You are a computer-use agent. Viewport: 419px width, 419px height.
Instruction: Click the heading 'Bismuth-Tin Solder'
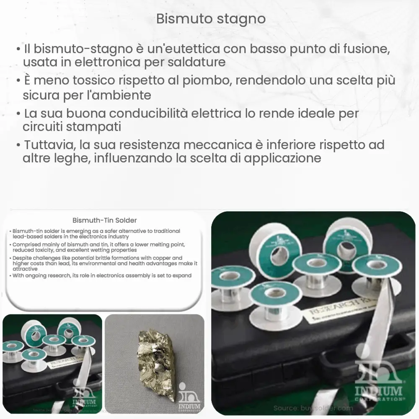click(105, 220)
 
